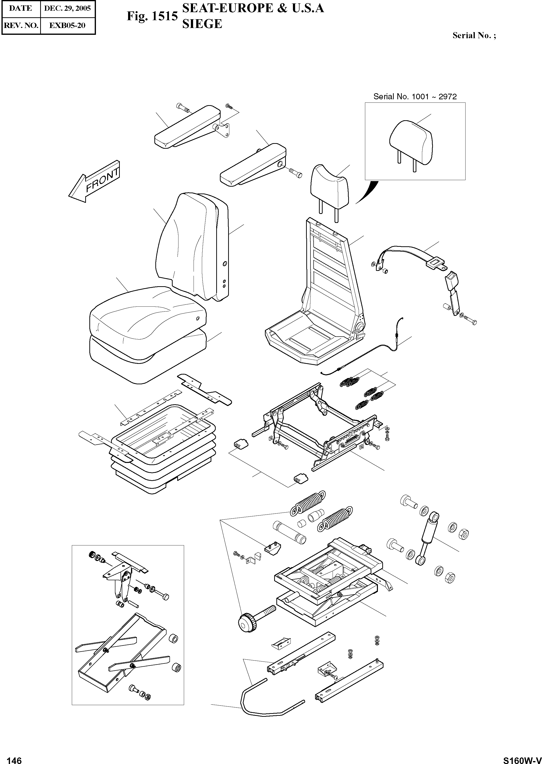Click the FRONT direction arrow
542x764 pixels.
point(94,182)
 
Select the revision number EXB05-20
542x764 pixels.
point(67,25)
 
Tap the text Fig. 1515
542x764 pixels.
point(152,16)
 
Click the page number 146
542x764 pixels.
point(14,758)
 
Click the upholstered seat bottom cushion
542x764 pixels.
point(147,320)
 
